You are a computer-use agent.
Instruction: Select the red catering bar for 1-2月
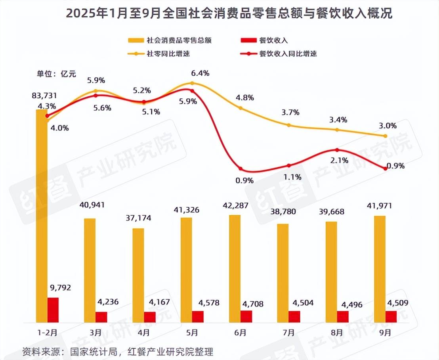click(x=53, y=310)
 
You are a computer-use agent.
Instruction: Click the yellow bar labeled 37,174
click(x=138, y=275)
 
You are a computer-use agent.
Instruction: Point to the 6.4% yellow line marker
click(x=192, y=83)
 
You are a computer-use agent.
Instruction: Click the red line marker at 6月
click(x=240, y=169)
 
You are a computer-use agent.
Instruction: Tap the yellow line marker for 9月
click(x=386, y=136)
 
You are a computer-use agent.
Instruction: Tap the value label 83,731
click(x=45, y=96)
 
